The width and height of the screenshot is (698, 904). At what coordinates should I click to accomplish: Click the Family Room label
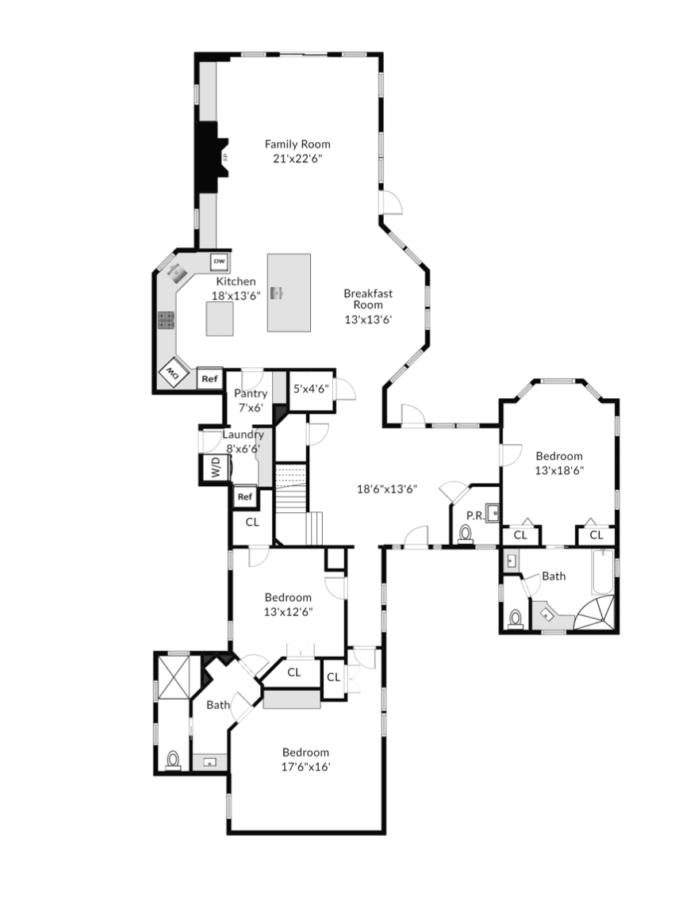297,144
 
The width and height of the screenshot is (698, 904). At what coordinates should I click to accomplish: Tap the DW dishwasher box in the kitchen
220,261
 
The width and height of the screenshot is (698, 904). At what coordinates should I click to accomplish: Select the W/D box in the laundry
214,469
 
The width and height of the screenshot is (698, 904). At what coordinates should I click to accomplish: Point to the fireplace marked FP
211,157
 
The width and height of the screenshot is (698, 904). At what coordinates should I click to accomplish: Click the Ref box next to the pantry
209,378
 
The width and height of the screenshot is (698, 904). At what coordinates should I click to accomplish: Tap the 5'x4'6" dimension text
309,389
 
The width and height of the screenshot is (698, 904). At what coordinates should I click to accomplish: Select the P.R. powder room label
475,515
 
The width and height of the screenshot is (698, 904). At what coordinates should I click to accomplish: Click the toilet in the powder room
466,535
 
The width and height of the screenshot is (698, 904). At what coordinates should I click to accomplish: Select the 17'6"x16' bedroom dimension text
305,767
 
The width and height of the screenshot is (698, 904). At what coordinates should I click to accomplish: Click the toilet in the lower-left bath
173,760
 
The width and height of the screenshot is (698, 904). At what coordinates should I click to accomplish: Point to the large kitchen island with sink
289,292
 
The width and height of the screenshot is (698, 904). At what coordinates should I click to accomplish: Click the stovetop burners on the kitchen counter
166,320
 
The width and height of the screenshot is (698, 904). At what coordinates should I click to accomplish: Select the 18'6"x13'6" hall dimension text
386,489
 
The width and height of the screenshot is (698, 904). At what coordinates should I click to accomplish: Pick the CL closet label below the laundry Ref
252,523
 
